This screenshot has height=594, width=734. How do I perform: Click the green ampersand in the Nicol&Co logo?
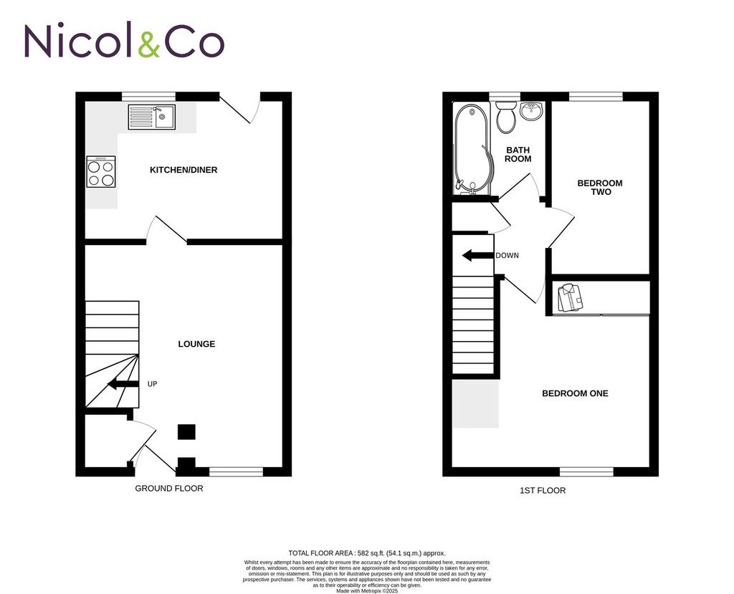tap(149, 42)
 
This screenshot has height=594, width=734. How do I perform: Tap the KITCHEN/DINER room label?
tap(183, 170)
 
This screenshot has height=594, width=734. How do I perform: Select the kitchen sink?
tap(152, 117)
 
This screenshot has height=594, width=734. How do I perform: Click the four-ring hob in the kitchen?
tap(101, 172)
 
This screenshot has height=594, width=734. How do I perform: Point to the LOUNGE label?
tap(196, 344)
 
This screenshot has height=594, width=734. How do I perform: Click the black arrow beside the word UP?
tap(123, 384)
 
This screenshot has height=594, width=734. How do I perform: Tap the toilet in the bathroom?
tap(506, 117)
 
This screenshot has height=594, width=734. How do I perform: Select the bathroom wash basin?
tap(531, 110)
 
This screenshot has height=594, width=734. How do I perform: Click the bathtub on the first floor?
tap(472, 148)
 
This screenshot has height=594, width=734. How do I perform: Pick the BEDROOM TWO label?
tap(600, 187)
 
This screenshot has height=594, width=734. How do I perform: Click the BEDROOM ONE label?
tap(575, 393)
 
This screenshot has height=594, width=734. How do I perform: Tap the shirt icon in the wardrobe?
tap(570, 297)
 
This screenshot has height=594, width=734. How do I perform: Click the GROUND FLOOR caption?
tap(169, 488)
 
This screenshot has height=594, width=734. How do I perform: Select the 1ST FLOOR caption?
tap(543, 491)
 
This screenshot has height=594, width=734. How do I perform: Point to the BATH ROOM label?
tap(518, 155)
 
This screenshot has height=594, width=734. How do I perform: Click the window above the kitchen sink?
tap(148, 97)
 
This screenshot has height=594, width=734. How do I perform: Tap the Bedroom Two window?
tap(596, 97)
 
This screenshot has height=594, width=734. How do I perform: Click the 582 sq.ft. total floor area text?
tap(367, 553)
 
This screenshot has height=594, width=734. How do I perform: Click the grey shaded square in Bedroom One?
tap(475, 403)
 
